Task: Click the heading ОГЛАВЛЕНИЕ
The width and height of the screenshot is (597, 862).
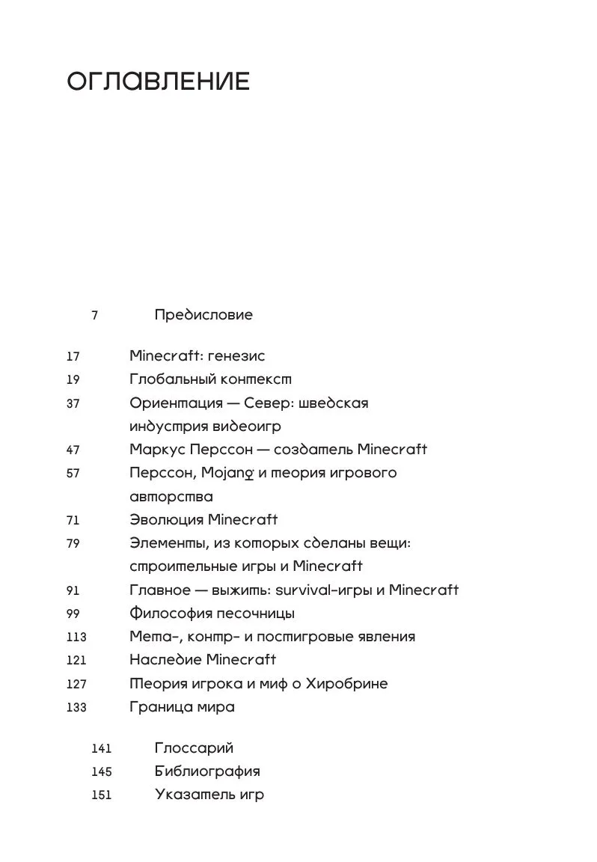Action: pyautogui.click(x=158, y=82)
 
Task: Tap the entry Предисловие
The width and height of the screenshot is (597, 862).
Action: pyautogui.click(x=203, y=314)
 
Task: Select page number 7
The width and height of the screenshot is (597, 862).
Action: pyautogui.click(x=95, y=315)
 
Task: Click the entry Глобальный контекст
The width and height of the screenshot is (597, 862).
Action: pyautogui.click(x=210, y=379)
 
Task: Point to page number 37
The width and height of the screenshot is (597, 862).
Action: pyautogui.click(x=73, y=403)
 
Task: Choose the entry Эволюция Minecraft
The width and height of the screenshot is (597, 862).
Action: pyautogui.click(x=203, y=519)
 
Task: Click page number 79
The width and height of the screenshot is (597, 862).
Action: pyautogui.click(x=73, y=544)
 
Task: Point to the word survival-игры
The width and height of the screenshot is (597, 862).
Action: pyautogui.click(x=322, y=590)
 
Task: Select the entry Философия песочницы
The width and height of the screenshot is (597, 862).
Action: pyautogui.click(x=212, y=614)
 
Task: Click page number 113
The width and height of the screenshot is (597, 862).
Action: pyautogui.click(x=76, y=638)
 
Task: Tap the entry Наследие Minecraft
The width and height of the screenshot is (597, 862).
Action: pyautogui.click(x=203, y=660)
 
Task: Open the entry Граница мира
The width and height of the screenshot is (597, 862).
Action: pyautogui.click(x=182, y=706)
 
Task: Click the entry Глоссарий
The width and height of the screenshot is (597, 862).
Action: pyautogui.click(x=194, y=748)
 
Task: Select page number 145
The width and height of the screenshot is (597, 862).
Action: pyautogui.click(x=101, y=771)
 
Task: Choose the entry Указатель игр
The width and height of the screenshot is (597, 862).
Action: pyautogui.click(x=209, y=795)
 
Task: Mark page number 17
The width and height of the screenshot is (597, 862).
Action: pyautogui.click(x=73, y=357)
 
